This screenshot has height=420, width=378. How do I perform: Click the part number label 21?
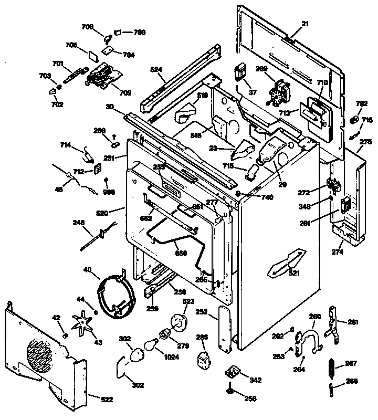point(305,24)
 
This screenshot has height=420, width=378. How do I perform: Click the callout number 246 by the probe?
point(78,223)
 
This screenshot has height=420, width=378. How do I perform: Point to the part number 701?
point(58,64)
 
